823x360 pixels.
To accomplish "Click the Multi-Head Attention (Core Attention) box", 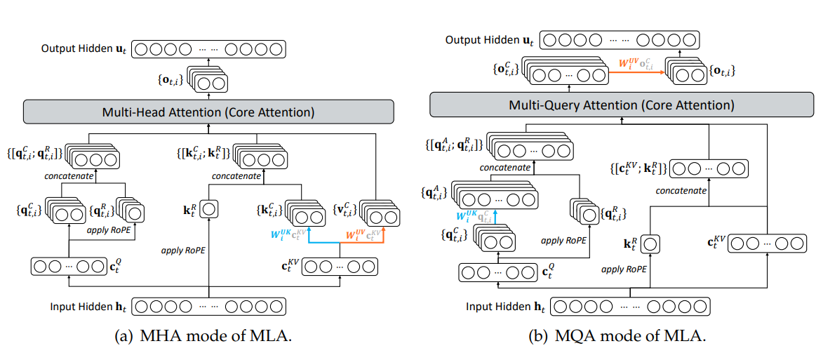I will click(207, 112).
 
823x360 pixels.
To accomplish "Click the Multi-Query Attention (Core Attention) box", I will click(621, 105).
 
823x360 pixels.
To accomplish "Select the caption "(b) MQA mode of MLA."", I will click(617, 336).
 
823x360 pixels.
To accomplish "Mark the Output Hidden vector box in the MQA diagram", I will click(622, 40).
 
